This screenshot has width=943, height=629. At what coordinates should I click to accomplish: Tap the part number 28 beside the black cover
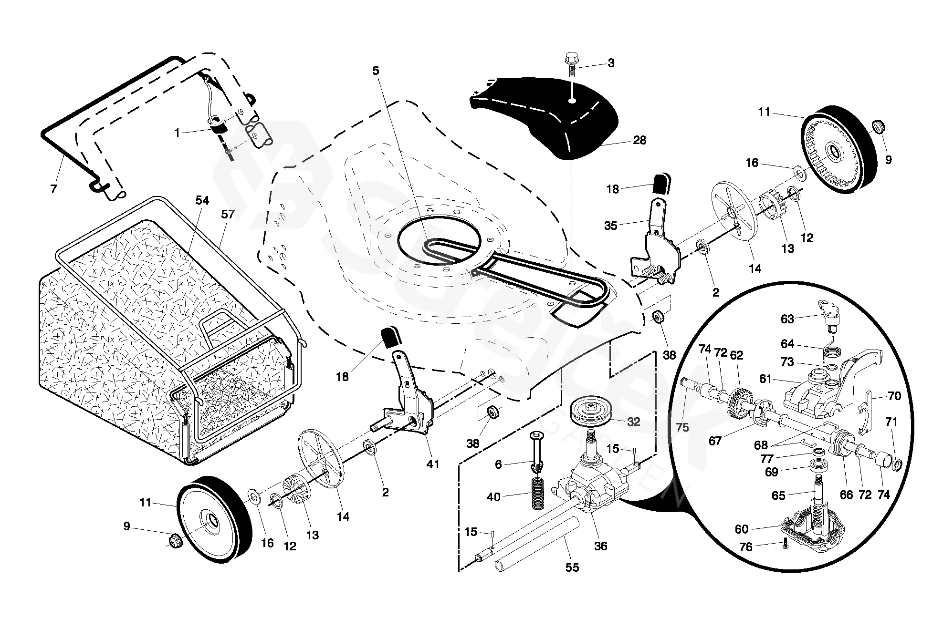(639, 140)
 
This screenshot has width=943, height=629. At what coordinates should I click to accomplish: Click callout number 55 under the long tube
(572, 567)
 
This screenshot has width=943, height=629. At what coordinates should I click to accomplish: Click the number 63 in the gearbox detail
(787, 319)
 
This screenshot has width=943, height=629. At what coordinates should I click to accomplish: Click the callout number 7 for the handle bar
(53, 189)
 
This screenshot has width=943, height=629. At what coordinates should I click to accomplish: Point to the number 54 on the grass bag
(202, 200)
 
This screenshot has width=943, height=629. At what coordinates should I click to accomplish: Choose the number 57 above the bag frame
(228, 214)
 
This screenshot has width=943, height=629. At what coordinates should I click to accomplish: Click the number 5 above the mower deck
(376, 71)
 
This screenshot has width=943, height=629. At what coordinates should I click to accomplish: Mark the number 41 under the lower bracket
(432, 464)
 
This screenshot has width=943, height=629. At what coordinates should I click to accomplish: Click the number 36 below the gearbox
(600, 546)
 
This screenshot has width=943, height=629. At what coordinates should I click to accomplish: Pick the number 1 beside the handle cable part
(178, 133)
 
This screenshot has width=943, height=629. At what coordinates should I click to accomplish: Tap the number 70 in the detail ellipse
(894, 396)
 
